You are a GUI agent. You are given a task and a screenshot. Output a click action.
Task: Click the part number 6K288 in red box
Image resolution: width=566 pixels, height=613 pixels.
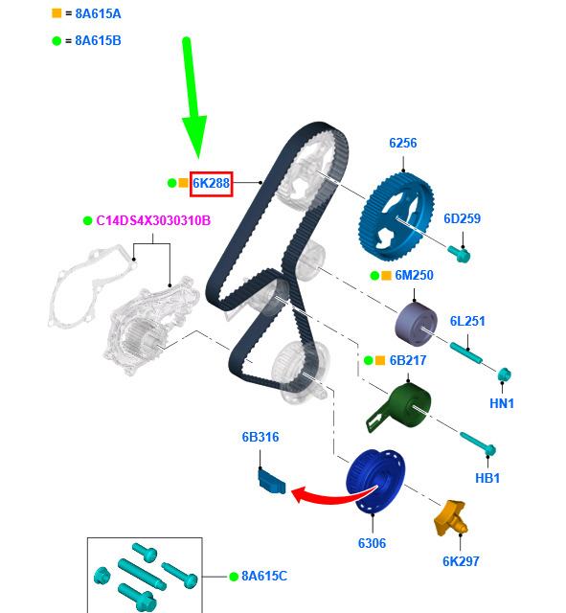[211, 183]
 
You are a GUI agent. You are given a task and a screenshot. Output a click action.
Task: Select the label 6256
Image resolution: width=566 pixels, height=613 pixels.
[402, 143]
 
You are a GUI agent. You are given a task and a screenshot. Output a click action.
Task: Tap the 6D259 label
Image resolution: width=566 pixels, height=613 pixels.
[462, 218]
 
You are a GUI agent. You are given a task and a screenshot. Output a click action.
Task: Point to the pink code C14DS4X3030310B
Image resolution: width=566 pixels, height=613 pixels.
[153, 220]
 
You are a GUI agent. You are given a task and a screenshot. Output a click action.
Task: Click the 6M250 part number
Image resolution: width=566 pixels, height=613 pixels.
[414, 275]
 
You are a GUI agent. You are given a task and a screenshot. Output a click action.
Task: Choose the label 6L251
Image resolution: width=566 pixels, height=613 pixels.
[467, 322]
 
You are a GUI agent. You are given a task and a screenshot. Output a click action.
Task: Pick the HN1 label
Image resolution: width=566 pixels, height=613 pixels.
[502, 403]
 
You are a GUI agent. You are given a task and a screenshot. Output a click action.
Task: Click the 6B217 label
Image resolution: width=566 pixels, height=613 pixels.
[408, 360]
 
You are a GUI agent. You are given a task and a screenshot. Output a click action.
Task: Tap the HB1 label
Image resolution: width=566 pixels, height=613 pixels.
[487, 478]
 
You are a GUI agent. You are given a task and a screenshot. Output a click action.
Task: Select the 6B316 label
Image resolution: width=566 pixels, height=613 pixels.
[260, 437]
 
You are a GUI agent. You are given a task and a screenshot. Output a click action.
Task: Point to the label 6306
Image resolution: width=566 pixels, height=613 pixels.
[372, 543]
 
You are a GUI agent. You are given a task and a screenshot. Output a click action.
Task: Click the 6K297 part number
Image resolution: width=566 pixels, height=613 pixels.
[461, 561]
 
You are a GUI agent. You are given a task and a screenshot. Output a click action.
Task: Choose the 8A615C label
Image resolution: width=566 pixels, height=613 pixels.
[264, 576]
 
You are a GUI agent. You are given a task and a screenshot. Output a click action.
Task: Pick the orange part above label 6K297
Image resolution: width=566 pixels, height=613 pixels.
[451, 518]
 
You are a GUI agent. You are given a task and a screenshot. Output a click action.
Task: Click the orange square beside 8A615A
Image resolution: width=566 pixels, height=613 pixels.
[57, 13]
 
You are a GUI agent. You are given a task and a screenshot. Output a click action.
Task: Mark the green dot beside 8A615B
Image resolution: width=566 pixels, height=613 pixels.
[57, 40]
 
